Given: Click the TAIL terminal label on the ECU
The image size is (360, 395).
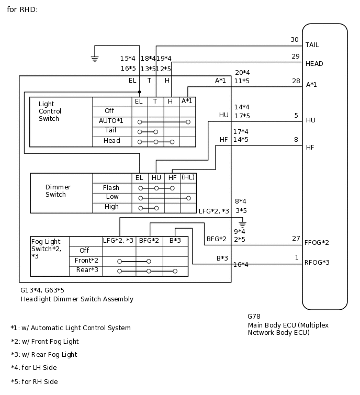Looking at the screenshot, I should coord(312,45).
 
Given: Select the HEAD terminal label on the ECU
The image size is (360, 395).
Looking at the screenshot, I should coord(314,64).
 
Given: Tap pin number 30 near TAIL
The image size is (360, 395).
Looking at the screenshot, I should coord(295,40).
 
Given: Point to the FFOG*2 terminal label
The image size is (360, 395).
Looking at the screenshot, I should coord(317,243).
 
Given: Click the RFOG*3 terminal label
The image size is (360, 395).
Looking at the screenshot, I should coord(317,263).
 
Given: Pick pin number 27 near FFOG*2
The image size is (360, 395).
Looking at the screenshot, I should coord(296,239).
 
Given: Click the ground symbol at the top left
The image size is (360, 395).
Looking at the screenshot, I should coord(95,59).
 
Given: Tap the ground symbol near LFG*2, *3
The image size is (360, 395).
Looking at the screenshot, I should coord(242,223).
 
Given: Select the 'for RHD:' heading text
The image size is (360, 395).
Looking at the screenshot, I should coord(22,9).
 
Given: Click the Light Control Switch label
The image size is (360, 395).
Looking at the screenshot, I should coord(50,111).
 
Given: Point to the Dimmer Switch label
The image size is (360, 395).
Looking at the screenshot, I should coord(58,191).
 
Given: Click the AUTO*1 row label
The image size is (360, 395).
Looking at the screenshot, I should coord(111,121).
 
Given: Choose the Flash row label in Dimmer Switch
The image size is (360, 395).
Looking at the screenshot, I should coord(111,188).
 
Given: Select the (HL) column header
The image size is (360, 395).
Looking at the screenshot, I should coord(188,177).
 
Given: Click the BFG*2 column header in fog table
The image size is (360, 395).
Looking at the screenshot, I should coord(149,241).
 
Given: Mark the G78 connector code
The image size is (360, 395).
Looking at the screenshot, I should coord(254,317).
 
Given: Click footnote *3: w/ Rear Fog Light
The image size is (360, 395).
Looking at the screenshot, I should coord(44,355).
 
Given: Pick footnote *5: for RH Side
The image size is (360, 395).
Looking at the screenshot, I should coord(35,382).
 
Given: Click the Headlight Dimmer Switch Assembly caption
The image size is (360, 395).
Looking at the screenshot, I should coord(77,299).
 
